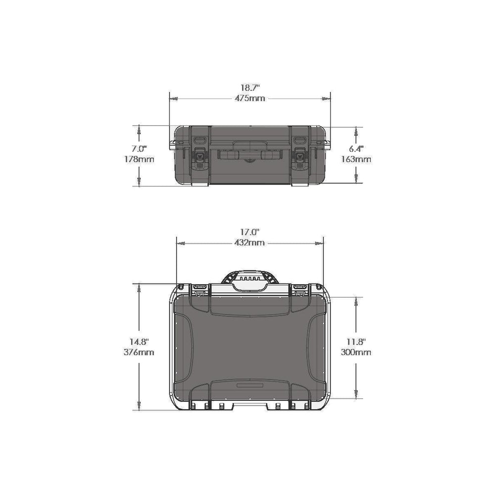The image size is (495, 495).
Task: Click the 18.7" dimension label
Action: pos(250,88)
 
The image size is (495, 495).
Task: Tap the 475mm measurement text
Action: pos(249,98)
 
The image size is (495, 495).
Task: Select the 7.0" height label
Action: pos(139,148)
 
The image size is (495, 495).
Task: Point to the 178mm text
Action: pos(139,159)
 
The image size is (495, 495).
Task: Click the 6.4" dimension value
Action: pos(356,148)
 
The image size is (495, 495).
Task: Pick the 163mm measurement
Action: pos(356,159)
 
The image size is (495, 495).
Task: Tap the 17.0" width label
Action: pos(249,232)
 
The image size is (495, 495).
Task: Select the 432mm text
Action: pos(249,243)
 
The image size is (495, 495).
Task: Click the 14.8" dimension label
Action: pos(139,341)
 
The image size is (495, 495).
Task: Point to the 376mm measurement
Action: pos(139,352)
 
